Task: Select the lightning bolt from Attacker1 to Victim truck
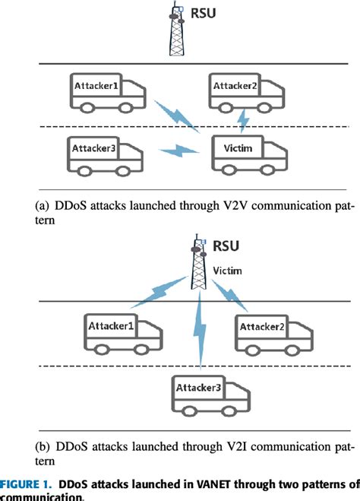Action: pyautogui.click(x=175, y=114)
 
